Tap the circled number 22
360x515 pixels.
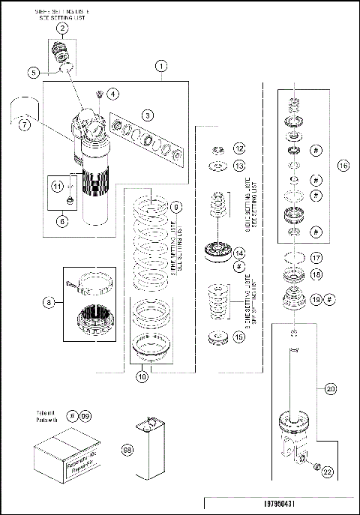point(328,472)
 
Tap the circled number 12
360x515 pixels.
point(239,148)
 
